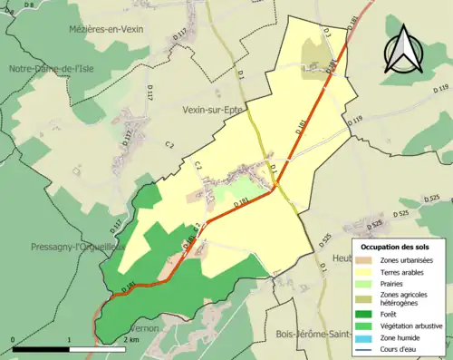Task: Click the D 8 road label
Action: [x=28, y=6]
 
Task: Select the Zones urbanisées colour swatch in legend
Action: [x=366, y=261]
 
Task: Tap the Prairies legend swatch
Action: [x=366, y=283]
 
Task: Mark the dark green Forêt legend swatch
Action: [x=366, y=315]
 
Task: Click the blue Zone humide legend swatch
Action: [x=366, y=336]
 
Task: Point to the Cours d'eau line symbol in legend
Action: [x=366, y=347]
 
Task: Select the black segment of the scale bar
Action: [x=42, y=349]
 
